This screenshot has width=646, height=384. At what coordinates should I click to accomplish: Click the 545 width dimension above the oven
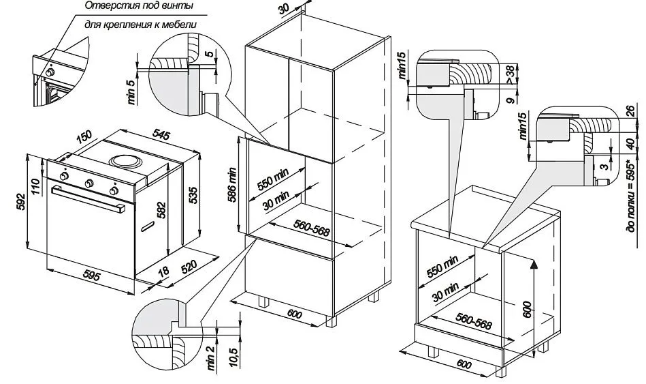(161, 135)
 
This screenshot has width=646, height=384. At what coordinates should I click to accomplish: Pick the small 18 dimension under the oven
(163, 271)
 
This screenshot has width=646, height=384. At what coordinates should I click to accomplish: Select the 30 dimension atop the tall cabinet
(285, 10)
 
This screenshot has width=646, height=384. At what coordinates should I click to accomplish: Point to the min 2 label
(211, 357)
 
